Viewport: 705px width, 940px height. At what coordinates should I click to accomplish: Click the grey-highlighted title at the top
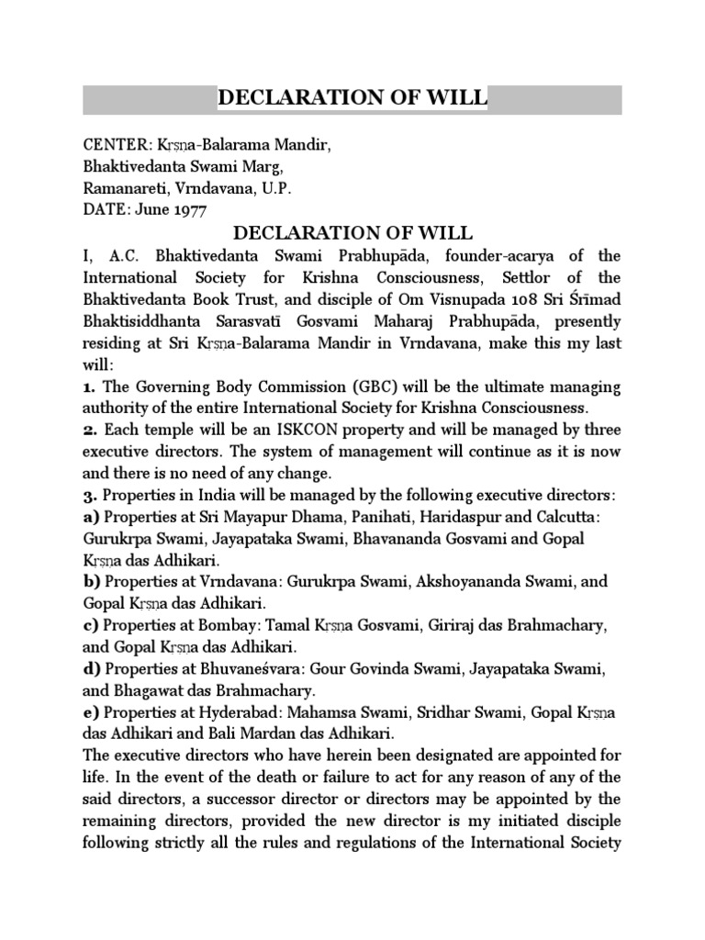click(352, 99)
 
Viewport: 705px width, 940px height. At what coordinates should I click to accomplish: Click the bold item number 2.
click(89, 430)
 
